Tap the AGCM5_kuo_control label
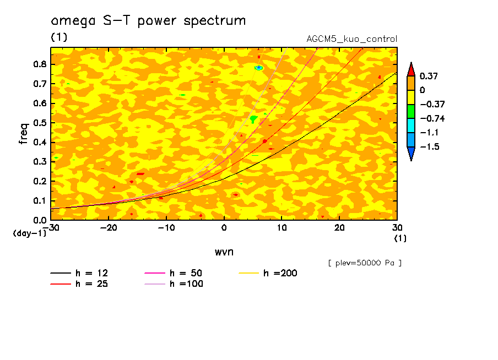351,39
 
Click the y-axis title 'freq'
23,133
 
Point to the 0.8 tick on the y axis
39,64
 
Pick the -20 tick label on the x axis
109,228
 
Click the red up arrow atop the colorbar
411,69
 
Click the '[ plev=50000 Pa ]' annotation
365,263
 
